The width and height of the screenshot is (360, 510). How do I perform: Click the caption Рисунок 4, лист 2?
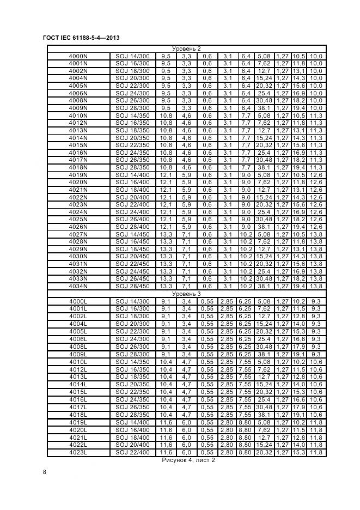(x=188, y=460)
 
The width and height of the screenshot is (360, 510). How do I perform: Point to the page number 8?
(x=44, y=472)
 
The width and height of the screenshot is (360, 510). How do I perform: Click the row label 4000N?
(x=78, y=56)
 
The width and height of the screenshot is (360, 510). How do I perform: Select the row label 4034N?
(x=78, y=286)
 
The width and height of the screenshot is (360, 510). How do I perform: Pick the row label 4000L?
(x=78, y=301)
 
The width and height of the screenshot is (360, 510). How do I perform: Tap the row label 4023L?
(x=78, y=452)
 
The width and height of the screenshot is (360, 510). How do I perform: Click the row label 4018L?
(x=78, y=415)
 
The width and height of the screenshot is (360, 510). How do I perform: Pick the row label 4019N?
(x=78, y=174)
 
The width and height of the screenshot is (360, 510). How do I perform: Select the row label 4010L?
(x=78, y=361)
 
